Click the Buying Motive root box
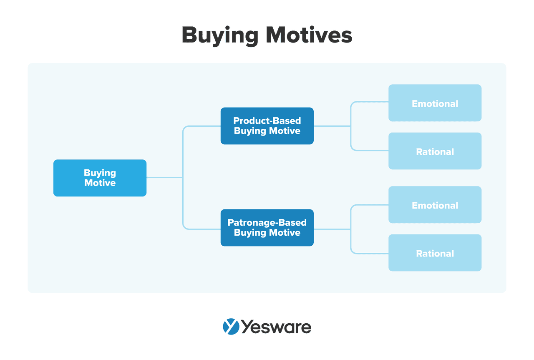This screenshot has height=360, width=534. [x=100, y=178]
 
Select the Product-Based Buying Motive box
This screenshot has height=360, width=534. [x=267, y=126]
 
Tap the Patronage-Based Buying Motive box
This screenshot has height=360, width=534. [x=267, y=228]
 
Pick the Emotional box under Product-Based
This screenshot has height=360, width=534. [x=435, y=103]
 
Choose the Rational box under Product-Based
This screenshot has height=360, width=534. [x=435, y=151]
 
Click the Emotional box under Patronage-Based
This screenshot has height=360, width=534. [x=435, y=205]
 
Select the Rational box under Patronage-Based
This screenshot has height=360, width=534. [x=435, y=253]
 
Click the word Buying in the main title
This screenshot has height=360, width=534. [x=219, y=36]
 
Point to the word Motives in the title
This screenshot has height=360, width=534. [x=309, y=35]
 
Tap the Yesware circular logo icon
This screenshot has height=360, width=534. [x=231, y=327]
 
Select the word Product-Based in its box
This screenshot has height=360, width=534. [x=267, y=121]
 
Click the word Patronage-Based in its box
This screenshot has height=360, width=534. [x=267, y=223]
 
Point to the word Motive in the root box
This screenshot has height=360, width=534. [x=100, y=183]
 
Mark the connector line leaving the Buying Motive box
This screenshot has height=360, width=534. [x=164, y=178]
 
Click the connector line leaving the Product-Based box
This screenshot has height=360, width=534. [x=332, y=126]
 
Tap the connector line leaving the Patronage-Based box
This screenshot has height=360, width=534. [x=332, y=229]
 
